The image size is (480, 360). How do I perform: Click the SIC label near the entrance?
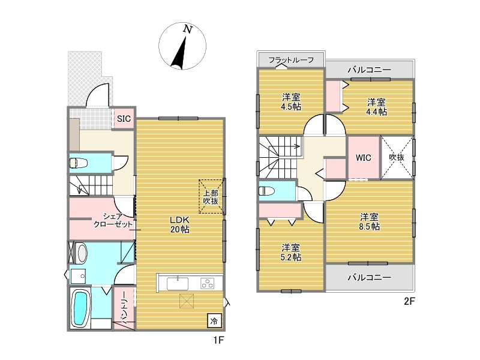coord(124,118)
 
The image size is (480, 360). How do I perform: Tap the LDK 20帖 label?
coord(179,224)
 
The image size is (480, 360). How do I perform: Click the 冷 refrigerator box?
coord(214,321)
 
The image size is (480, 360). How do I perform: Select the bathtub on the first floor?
coord(81,308)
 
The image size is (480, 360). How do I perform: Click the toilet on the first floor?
coord(78,163)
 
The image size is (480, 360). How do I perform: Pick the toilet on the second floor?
coord(266,191)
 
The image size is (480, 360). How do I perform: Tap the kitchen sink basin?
coord(178,283)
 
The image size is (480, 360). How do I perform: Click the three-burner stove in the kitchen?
coord(207,283)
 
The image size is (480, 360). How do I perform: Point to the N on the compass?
coord(188,29)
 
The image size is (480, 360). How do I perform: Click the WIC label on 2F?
coord(364,158)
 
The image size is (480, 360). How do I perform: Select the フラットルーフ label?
coord(291,59)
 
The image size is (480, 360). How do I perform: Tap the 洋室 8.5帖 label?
coord(370,221)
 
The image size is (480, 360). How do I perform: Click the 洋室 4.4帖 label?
coord(377,107)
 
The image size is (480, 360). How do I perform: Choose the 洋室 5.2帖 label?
coord(291,252)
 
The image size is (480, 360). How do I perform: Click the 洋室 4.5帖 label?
coord(291,102)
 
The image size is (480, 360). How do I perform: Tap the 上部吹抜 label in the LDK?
coord(211,197)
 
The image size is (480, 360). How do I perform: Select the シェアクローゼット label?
coord(113,220)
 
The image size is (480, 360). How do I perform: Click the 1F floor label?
coord(219,340)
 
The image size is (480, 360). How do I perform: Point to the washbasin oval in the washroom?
coord(82,253)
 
